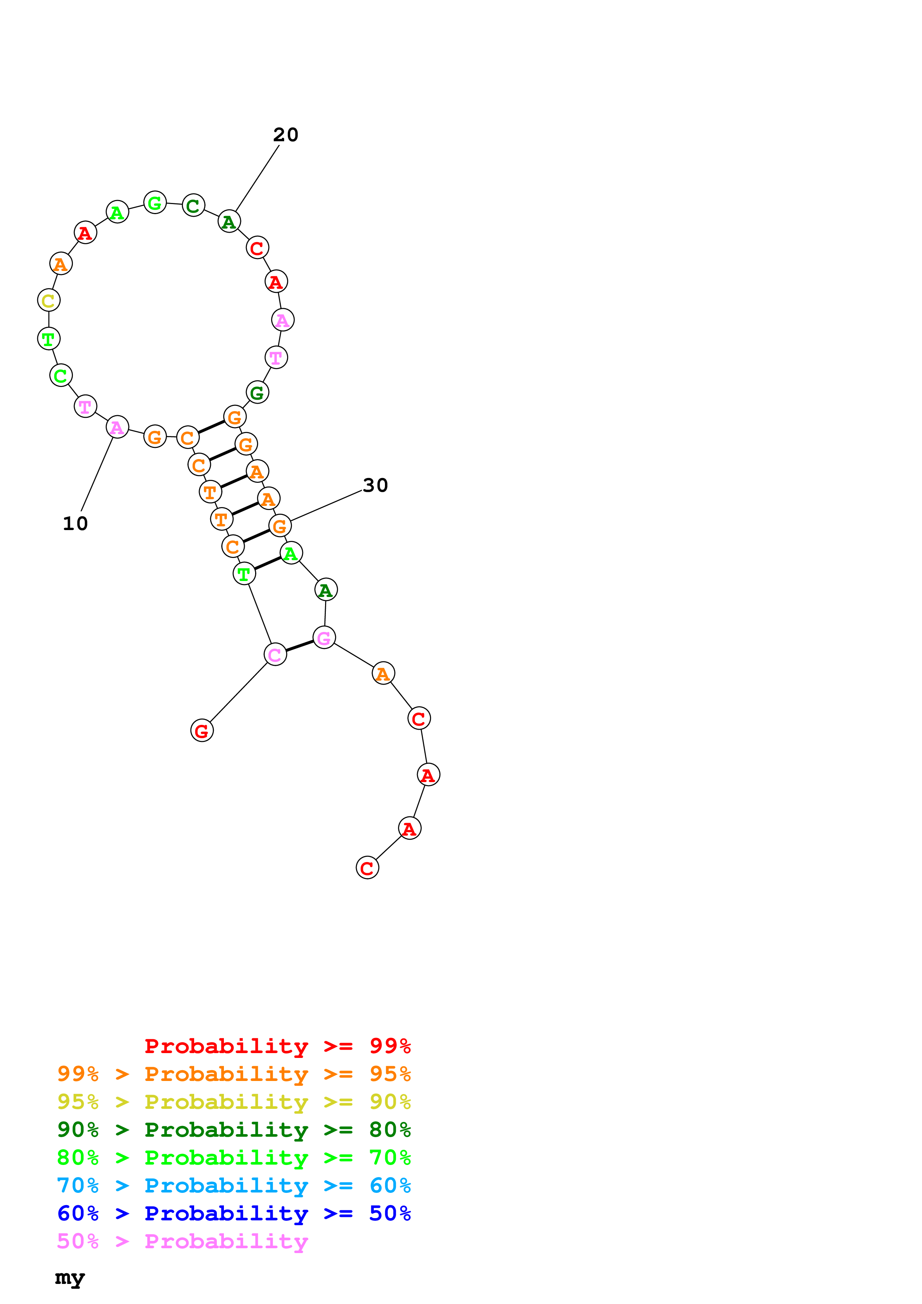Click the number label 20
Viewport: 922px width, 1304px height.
[285, 135]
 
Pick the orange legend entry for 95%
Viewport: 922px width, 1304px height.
[234, 1074]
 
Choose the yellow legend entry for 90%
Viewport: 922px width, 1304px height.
[234, 1101]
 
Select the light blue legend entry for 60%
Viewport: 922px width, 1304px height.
[234, 1185]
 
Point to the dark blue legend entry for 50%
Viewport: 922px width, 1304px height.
[234, 1213]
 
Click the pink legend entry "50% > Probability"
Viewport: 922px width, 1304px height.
[182, 1241]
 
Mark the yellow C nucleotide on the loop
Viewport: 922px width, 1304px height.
[48, 300]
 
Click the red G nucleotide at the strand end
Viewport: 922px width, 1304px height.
[202, 730]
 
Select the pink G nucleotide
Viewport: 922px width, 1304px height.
[324, 638]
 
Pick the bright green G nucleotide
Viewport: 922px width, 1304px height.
[154, 202]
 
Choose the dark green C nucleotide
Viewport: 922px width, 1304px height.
[193, 206]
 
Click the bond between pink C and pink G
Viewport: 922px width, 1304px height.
[299, 646]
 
